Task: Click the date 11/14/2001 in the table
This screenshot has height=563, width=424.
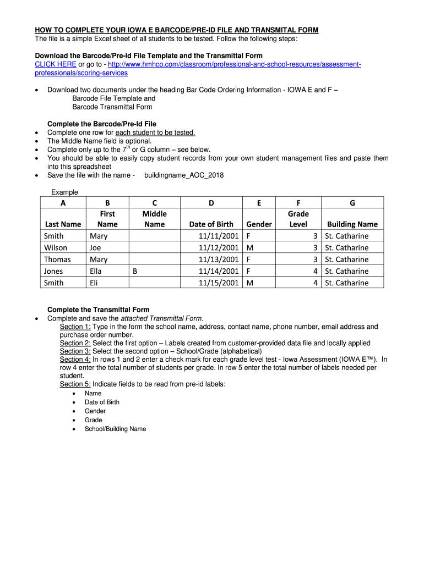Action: click(x=219, y=271)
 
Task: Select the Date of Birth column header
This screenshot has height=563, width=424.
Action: click(x=211, y=224)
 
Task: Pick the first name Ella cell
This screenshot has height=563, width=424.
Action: click(x=96, y=271)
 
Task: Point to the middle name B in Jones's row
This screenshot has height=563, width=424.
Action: click(x=135, y=271)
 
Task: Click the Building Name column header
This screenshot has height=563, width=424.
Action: click(x=352, y=224)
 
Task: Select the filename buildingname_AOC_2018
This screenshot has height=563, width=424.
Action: click(x=184, y=175)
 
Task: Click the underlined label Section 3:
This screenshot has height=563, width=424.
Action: click(x=75, y=351)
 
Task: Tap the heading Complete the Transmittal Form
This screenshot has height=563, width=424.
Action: click(x=99, y=310)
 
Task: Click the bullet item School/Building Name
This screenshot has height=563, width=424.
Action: click(x=115, y=429)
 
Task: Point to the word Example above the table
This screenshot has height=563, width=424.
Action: click(x=64, y=192)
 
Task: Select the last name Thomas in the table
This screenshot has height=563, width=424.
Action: click(x=57, y=260)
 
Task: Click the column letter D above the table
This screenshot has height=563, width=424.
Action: click(x=211, y=203)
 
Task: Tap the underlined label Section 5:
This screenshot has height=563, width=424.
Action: click(x=75, y=384)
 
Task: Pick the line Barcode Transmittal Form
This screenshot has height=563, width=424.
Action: click(x=112, y=107)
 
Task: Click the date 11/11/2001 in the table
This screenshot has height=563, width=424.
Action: click(x=219, y=236)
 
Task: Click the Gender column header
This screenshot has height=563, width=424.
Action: click(x=259, y=224)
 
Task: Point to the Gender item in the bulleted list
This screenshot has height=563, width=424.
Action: click(x=95, y=411)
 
